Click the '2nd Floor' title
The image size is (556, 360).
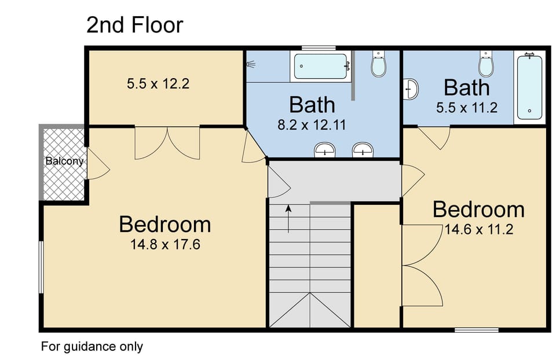click(x=134, y=25)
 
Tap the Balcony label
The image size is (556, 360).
click(x=64, y=161)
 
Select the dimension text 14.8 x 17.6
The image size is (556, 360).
click(x=165, y=244)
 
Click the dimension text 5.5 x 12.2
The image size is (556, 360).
click(x=158, y=84)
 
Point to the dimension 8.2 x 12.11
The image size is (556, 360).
click(x=312, y=124)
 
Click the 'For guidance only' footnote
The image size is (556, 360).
click(x=92, y=347)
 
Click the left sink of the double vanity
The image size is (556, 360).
click(x=325, y=150)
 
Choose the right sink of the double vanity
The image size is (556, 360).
click(x=363, y=150)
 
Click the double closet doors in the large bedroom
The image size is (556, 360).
click(x=167, y=142)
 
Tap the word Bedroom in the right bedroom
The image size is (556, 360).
click(x=478, y=210)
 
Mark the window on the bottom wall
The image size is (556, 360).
click(x=476, y=330)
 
